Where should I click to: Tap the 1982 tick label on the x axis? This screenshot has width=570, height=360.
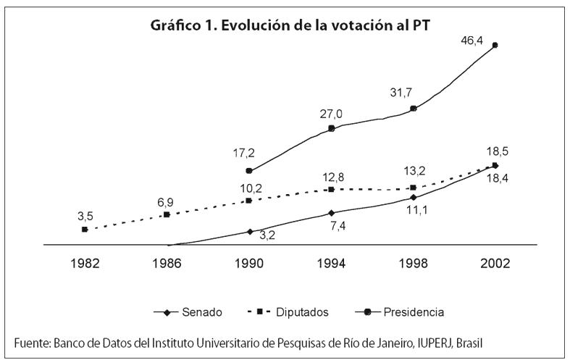coord(85,264)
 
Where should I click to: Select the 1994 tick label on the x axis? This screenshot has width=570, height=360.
coord(331,264)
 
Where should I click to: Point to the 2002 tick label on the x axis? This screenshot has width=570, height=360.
coord(495,264)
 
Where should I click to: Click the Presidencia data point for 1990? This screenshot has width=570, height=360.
coord(249,171)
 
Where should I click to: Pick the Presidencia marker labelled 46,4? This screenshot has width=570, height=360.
coord(495,45)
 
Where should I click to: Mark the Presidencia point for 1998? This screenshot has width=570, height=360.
coord(414,109)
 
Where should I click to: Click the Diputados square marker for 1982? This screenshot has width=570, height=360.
coord(85,229)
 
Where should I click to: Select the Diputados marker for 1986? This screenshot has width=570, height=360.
coord(167,214)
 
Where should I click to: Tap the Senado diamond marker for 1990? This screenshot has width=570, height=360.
coord(249,232)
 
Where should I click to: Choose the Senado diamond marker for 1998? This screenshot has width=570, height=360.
coord(414,197)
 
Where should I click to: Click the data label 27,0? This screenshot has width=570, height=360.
coord(331,114)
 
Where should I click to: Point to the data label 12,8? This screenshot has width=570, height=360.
coord(331,176)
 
